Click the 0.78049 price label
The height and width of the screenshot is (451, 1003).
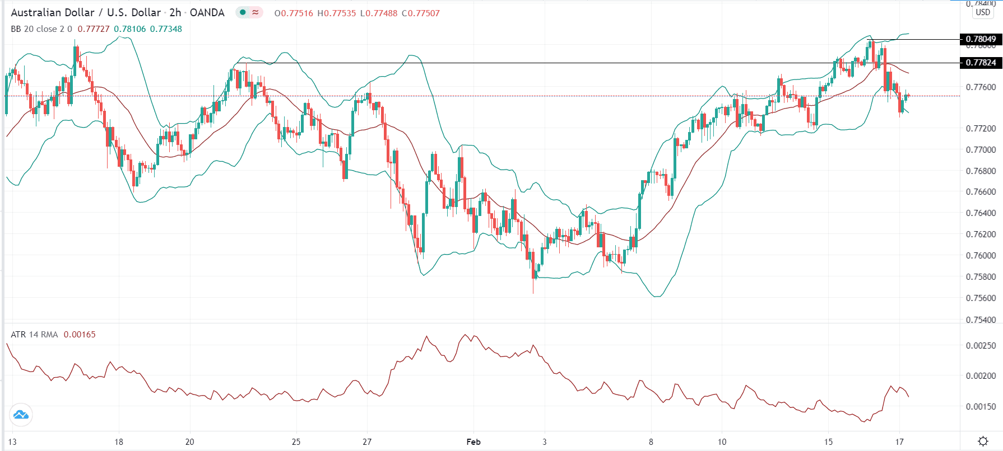point(981,39)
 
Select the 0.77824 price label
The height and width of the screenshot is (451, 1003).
point(981,63)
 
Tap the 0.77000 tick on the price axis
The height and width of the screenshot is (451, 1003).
point(981,150)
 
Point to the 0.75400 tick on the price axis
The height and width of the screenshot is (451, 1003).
point(981,320)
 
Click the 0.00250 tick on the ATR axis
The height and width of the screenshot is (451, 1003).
point(981,346)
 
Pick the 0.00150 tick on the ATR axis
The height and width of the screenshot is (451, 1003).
point(981,407)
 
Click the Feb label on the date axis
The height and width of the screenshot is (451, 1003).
point(473,442)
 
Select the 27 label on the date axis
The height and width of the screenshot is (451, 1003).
point(367,442)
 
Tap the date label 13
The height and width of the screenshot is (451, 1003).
point(12,442)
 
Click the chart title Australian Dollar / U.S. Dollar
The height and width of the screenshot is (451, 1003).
point(86,12)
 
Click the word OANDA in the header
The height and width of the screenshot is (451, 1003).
point(207,12)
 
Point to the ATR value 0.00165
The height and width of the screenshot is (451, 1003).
point(80,335)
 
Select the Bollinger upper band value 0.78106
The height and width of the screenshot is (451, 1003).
point(129,29)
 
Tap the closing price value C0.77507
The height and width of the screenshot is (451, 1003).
point(420,13)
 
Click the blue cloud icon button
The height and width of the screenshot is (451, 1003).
point(21,415)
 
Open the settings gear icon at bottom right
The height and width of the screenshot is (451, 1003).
point(983,441)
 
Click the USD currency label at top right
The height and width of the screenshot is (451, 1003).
point(983,12)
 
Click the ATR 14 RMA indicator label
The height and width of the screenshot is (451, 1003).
point(34,335)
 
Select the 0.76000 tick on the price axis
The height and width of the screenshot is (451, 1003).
point(981,256)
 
